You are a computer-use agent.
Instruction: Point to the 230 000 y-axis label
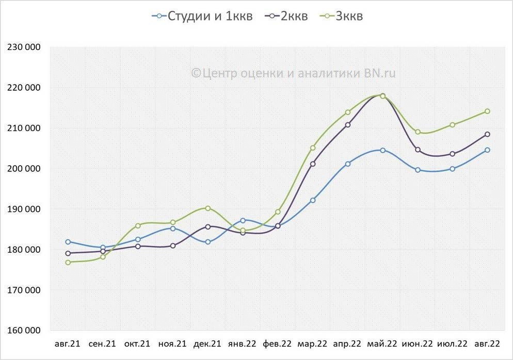(24, 47)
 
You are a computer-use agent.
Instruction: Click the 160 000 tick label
(24, 331)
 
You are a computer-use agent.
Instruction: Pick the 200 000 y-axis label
(24, 169)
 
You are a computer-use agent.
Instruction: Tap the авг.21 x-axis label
(68, 343)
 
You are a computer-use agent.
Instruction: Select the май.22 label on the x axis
(382, 343)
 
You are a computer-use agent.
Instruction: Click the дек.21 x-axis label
(207, 343)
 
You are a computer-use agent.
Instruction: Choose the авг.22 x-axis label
(487, 343)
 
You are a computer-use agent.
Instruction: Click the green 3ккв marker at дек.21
(207, 208)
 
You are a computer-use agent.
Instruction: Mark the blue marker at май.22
(382, 150)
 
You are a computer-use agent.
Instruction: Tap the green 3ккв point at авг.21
(68, 262)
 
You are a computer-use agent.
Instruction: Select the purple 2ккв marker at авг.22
(487, 134)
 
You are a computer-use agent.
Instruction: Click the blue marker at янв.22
(243, 220)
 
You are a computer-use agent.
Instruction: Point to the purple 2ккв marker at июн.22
(418, 150)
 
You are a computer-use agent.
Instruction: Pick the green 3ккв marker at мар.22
(313, 148)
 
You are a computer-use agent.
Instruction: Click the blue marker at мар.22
(313, 200)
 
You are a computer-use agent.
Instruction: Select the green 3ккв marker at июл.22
(453, 125)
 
